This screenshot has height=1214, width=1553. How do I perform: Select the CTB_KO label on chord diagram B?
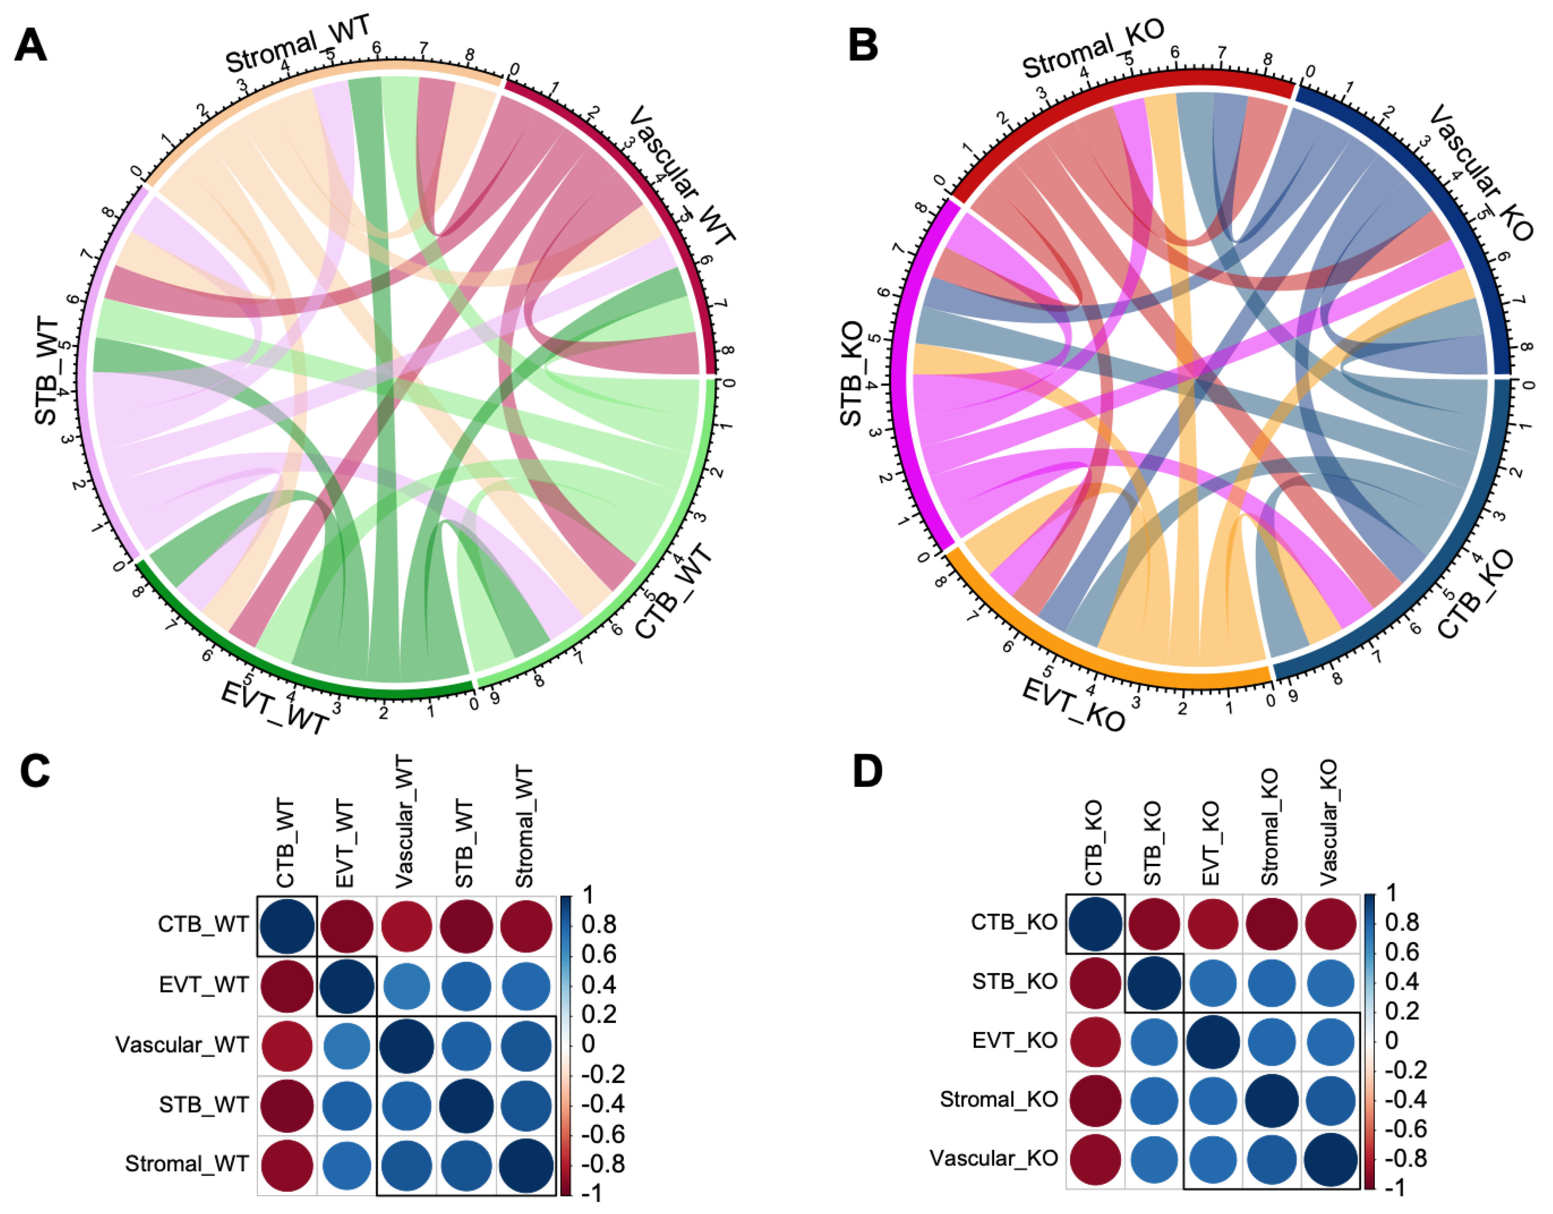coord(1476,594)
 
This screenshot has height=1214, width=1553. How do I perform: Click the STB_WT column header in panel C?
coord(464,843)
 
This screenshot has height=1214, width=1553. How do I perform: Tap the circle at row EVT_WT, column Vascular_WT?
coord(405,986)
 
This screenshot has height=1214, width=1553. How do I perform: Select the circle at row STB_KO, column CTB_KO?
coord(1095,983)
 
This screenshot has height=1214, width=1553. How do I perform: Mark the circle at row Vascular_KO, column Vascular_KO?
coord(1331,1159)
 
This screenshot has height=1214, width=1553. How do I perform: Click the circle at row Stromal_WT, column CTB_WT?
coord(287,1164)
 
